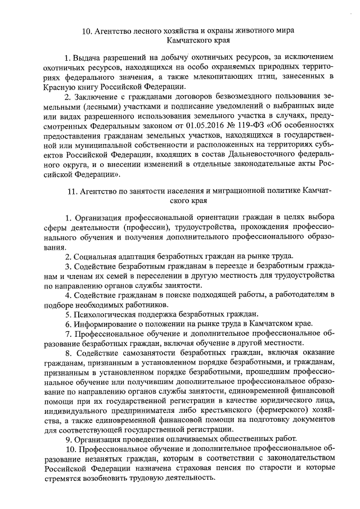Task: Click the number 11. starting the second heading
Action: tap(72, 191)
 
